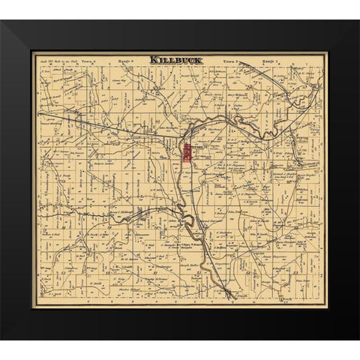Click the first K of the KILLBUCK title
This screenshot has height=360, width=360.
(x=153, y=59)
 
